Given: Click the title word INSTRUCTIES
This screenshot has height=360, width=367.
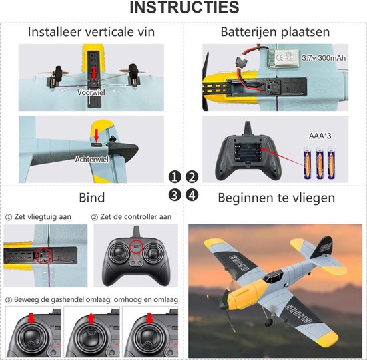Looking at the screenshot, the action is tap(184, 7).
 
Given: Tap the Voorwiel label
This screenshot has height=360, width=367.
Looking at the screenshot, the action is tap(91, 93).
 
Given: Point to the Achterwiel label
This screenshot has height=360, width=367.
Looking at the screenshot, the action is tap(92, 160).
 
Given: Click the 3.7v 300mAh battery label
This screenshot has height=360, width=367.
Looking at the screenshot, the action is tap(324, 58).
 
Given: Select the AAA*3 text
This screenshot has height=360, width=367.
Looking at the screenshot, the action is tap(320, 136).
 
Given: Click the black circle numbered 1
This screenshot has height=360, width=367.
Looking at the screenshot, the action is tap(175, 177).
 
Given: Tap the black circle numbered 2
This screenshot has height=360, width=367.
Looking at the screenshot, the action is tap(192, 177).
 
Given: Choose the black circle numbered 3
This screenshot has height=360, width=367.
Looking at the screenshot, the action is tap(175, 195).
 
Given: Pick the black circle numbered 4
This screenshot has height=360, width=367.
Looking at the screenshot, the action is tap(192, 195).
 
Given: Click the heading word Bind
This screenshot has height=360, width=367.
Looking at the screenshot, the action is tap(92, 198).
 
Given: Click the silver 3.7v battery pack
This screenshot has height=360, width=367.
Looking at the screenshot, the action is tap(284, 58).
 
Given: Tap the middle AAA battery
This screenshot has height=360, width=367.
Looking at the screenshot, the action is tap(320, 163).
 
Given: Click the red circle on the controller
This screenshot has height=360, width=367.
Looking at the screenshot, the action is tap(137, 246).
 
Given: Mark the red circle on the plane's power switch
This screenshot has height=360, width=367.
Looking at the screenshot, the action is tap(44, 256).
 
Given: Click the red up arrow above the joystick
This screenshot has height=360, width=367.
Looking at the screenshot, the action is tap(91, 319).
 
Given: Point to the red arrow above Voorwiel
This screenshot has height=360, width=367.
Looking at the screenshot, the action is tap(94, 73).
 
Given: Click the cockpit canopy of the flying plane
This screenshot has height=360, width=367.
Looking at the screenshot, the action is tap(273, 276).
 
